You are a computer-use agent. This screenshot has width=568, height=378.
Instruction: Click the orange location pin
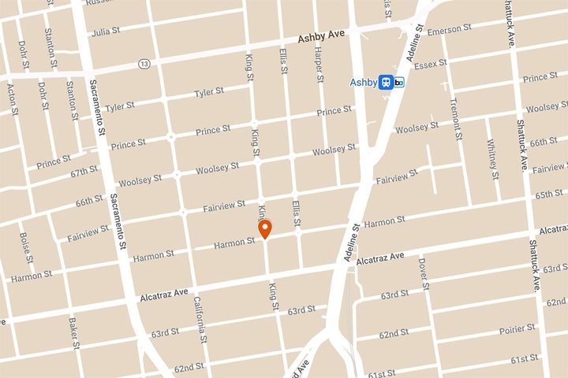click(x=266, y=229)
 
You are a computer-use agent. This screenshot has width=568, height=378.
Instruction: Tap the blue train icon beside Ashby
click(x=386, y=82)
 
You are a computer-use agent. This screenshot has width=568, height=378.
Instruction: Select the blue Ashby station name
click(x=364, y=81)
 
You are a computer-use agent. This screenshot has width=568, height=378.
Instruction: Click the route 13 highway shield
click(x=143, y=63)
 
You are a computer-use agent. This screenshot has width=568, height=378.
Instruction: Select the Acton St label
click(x=13, y=97)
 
